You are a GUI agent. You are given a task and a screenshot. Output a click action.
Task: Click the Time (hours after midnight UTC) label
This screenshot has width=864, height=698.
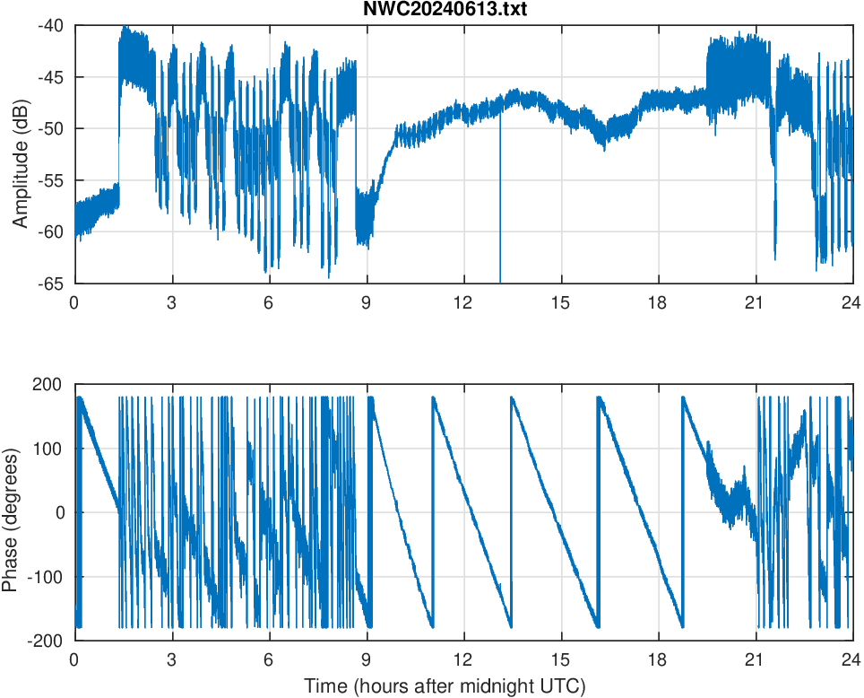point(445,686)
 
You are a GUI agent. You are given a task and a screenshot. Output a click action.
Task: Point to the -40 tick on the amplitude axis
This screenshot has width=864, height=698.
point(50,26)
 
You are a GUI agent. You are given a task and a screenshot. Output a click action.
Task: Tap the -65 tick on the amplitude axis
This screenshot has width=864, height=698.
point(50,283)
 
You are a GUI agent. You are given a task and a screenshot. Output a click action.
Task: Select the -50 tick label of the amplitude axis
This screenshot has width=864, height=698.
point(50,128)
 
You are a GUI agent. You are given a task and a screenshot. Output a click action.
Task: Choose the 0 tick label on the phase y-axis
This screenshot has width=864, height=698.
point(62,512)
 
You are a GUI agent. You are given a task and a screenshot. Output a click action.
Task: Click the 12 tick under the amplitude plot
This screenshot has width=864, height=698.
point(463,302)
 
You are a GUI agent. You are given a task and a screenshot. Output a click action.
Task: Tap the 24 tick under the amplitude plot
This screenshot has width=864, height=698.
point(851,302)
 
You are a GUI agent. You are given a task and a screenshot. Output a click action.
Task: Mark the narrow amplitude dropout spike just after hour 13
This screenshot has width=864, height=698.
point(500,224)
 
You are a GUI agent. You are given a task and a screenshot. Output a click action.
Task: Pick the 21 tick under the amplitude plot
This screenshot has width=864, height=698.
point(755,302)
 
